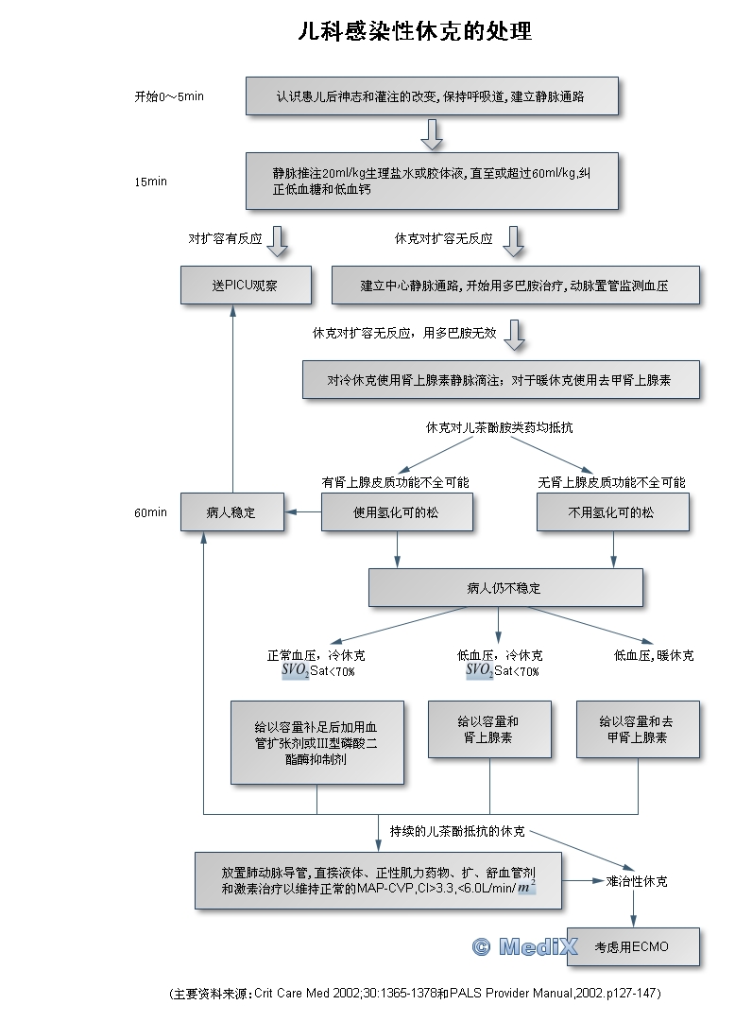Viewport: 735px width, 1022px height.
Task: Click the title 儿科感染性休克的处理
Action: click(414, 32)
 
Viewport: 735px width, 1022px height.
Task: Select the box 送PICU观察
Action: click(246, 285)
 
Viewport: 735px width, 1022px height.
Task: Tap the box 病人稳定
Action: click(231, 512)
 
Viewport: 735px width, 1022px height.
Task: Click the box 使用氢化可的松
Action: click(396, 512)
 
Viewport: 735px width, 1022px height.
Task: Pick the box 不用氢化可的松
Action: click(612, 512)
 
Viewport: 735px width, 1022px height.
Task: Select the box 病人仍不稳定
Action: click(504, 587)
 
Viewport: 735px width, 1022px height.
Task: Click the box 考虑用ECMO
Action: click(632, 945)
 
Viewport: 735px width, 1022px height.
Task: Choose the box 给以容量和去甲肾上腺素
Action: click(638, 729)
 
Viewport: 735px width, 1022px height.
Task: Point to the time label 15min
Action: click(151, 182)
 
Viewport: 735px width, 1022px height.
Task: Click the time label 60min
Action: click(151, 513)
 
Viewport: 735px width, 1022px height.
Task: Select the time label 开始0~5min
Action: click(170, 96)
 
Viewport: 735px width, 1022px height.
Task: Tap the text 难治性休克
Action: click(637, 881)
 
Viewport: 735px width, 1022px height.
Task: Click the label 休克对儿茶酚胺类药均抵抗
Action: click(500, 427)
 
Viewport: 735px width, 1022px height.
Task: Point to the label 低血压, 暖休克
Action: click(654, 655)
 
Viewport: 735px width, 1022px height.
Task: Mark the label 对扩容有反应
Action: click(225, 239)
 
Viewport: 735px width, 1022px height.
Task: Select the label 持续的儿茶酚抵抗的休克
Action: click(457, 832)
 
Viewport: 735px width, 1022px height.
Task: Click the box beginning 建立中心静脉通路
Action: click(516, 285)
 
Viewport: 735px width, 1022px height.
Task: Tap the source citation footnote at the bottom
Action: click(414, 994)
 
